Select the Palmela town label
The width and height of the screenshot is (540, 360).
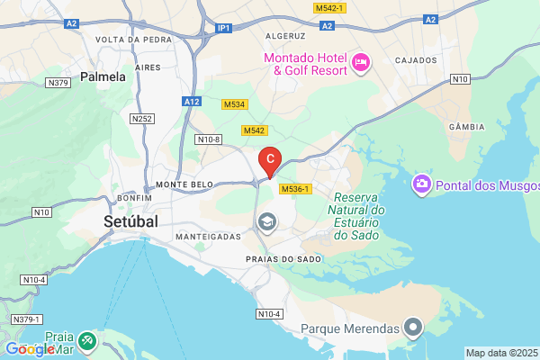(103, 77)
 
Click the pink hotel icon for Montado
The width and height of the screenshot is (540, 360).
(360, 62)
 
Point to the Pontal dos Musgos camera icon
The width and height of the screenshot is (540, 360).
(420, 185)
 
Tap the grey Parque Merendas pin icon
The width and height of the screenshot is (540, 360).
(413, 327)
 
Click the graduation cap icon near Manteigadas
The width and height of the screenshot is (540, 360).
(266, 221)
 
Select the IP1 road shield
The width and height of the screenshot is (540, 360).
(224, 29)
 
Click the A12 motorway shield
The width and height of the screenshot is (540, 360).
(191, 103)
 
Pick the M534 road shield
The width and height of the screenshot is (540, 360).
(234, 104)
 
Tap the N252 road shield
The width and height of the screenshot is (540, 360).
(141, 118)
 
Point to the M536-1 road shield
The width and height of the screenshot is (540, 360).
(295, 189)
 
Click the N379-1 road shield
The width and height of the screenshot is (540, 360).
(27, 319)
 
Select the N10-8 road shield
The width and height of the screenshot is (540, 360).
(209, 139)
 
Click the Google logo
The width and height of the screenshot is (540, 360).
(30, 349)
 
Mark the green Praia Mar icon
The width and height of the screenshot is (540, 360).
(86, 341)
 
